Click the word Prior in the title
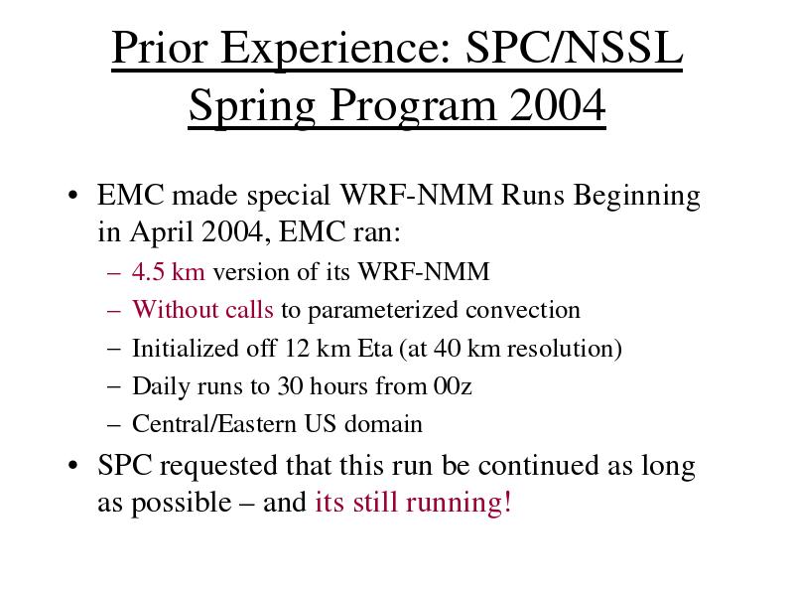click(160, 47)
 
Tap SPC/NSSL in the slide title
click(575, 47)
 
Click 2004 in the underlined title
click(558, 104)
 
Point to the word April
click(161, 233)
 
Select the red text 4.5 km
click(169, 271)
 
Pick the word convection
click(523, 310)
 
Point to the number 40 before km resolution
click(447, 348)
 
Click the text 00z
click(453, 386)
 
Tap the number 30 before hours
click(290, 386)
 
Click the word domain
click(383, 424)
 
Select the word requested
click(218, 467)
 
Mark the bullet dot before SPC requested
click(73, 465)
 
